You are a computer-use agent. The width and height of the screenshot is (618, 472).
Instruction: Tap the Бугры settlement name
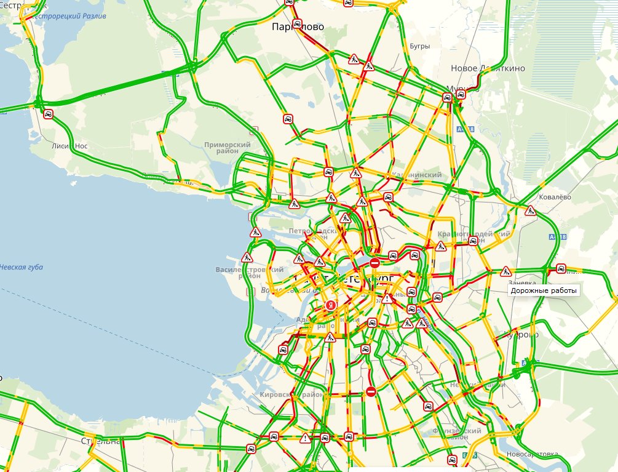[x=418, y=46]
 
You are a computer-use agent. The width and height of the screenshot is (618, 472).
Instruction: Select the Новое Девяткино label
[x=488, y=68]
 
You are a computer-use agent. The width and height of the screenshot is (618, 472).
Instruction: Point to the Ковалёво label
[x=555, y=197]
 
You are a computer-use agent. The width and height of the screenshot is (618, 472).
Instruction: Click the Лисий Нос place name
[x=69, y=146]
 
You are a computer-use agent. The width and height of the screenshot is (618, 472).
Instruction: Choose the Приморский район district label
[x=228, y=148]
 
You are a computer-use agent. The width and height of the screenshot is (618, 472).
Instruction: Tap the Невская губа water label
[x=21, y=267]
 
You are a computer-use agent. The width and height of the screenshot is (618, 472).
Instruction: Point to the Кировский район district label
[x=283, y=394]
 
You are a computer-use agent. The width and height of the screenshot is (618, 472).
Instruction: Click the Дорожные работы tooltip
[x=545, y=290]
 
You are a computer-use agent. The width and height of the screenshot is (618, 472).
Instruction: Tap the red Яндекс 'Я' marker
[x=331, y=305]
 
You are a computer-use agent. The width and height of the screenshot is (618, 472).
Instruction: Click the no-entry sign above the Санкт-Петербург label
[x=374, y=263]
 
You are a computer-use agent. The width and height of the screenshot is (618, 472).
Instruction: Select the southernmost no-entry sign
[x=370, y=391]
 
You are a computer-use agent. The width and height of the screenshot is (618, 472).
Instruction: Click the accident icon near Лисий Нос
[x=48, y=114]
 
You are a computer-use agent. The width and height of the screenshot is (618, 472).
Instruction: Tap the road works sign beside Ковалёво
[x=530, y=211]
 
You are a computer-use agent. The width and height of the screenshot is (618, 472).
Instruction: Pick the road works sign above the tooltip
[x=505, y=271]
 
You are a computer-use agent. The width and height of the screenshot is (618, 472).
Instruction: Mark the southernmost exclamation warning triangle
[x=305, y=438]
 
